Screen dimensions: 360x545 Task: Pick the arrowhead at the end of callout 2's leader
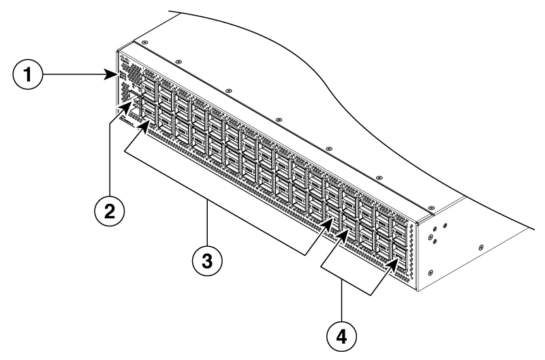(130, 104)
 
